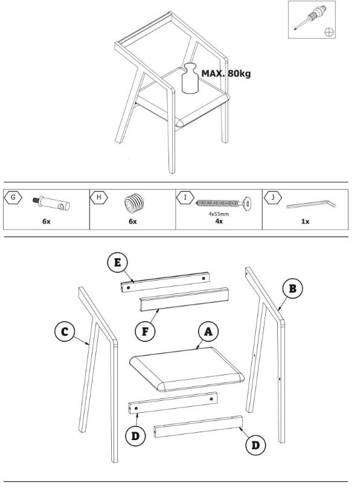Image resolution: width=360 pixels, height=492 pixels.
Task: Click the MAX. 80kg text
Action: click(x=226, y=74)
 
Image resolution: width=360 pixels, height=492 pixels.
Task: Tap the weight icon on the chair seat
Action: click(x=190, y=78)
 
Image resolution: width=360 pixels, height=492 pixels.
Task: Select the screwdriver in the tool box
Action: click(x=310, y=18)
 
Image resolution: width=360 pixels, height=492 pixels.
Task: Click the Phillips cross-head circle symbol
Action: click(x=329, y=32)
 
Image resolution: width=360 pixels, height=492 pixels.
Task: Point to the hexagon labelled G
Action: click(x=13, y=197)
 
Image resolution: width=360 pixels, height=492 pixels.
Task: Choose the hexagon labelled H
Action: click(x=99, y=197)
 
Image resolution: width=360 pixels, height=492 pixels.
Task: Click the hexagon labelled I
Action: click(x=185, y=197)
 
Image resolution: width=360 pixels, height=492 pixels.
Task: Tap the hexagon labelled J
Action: click(x=273, y=197)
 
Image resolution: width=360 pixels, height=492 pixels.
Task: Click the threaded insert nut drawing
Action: click(x=134, y=203)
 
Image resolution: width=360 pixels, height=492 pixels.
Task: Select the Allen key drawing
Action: click(x=311, y=205)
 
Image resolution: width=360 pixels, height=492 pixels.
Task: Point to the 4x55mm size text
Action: click(x=219, y=214)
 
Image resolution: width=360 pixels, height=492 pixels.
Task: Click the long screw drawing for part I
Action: click(x=223, y=203)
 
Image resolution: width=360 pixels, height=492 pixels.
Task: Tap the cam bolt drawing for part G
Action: click(x=51, y=203)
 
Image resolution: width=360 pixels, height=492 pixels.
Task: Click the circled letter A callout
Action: click(x=208, y=331)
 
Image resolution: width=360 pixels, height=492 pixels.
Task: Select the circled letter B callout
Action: click(x=292, y=289)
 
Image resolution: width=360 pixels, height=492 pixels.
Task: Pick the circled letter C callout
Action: click(x=65, y=332)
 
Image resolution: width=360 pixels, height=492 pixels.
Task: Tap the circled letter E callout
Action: click(x=117, y=263)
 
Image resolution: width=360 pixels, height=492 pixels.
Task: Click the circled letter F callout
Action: click(x=145, y=331)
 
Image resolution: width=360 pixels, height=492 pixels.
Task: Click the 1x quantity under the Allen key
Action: click(x=305, y=222)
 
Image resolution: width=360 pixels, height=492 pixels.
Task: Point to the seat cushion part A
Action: click(x=187, y=369)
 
